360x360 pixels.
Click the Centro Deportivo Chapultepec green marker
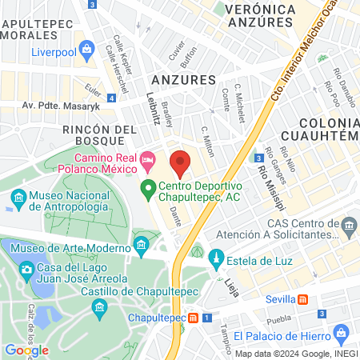click(x=147, y=190)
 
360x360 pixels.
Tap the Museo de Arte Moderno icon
click(x=142, y=243)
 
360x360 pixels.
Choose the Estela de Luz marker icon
click(x=215, y=259)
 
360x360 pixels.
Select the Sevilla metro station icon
click(x=302, y=298)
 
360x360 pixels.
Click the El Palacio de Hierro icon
click(x=341, y=332)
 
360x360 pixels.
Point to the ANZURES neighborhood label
click(x=183, y=80)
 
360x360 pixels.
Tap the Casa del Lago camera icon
click(x=26, y=268)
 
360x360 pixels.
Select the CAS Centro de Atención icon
click(x=348, y=229)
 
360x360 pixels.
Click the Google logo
click(x=26, y=350)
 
